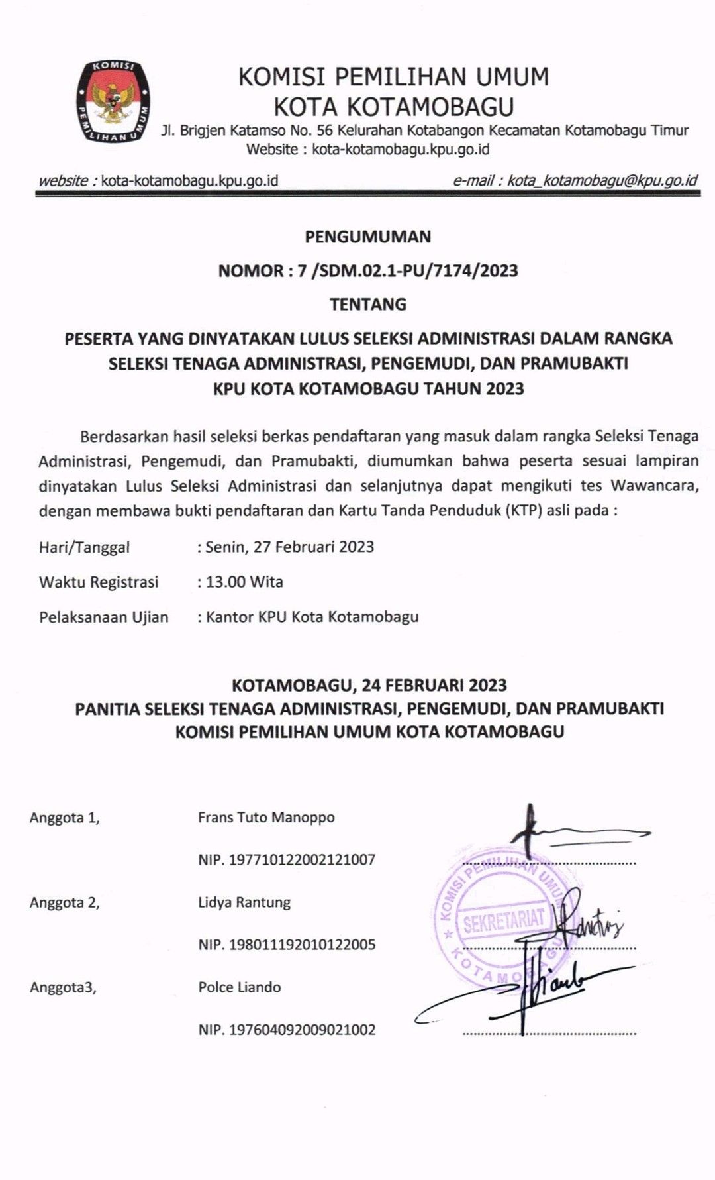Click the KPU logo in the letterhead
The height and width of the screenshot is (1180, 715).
click(113, 101)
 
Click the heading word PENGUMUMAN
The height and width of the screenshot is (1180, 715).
click(367, 237)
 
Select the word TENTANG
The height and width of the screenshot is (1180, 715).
click(367, 304)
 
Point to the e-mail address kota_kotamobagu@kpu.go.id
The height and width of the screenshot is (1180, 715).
click(602, 180)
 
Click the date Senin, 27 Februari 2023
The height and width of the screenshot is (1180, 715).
click(290, 547)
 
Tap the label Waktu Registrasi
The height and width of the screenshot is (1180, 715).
click(99, 582)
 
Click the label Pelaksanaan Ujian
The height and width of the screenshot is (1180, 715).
click(104, 617)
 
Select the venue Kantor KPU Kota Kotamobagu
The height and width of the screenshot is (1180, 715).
click(312, 617)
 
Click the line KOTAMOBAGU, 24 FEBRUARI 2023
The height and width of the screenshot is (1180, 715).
click(369, 684)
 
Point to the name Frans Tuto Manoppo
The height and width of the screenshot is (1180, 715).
click(266, 817)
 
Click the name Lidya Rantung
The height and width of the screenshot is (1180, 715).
click(244, 902)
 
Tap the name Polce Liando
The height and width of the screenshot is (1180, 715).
click(240, 987)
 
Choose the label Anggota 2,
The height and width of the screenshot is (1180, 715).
click(64, 902)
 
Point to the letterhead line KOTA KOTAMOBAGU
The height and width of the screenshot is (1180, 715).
click(394, 107)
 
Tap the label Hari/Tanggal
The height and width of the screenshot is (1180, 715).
click(84, 547)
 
